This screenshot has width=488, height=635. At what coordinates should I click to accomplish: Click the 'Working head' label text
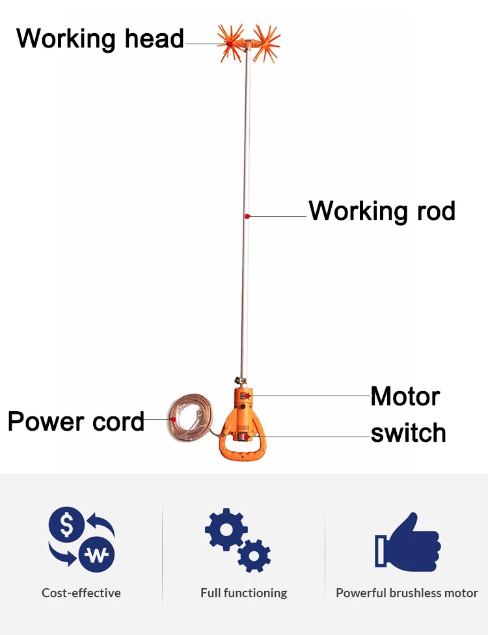point(100,39)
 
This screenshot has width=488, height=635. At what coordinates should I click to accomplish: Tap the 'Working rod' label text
point(382,211)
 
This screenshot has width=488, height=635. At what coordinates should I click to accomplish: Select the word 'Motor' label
point(405,396)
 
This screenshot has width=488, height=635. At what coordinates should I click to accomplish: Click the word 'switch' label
point(408,433)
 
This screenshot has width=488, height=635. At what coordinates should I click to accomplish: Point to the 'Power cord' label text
point(76,421)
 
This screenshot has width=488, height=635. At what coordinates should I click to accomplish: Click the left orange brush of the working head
point(230,42)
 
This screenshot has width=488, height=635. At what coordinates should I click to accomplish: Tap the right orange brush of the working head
point(267,43)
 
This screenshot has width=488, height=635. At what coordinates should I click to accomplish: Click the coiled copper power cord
point(191,416)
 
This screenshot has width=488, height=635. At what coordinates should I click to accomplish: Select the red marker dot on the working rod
point(247,216)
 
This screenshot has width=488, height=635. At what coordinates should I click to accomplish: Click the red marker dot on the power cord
point(173,419)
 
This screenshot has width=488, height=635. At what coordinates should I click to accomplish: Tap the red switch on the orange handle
point(245,437)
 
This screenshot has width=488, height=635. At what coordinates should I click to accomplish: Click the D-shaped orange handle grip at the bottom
point(242,453)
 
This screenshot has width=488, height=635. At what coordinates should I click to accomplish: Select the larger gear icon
point(226,530)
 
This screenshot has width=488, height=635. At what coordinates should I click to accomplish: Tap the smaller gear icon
point(254,556)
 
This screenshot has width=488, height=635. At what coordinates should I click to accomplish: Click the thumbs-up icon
point(407,542)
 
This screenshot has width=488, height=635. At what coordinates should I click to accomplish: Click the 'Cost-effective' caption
point(81,593)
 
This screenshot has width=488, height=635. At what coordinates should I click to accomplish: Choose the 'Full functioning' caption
point(244,593)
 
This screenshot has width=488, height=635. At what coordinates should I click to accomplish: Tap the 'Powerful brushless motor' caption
point(407,593)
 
